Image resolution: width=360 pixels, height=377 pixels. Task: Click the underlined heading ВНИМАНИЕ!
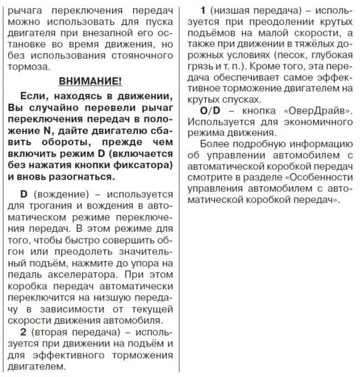coord(90,81)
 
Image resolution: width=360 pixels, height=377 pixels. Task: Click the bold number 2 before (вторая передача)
coord(23,333)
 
